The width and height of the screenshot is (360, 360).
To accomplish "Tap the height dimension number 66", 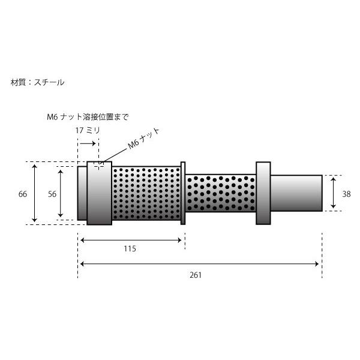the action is [x=23, y=194].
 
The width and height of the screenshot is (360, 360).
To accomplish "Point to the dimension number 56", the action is [x=52, y=194].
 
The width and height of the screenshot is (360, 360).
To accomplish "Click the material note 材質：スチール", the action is [x=37, y=82].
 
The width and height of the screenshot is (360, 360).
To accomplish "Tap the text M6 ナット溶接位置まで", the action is [x=88, y=116].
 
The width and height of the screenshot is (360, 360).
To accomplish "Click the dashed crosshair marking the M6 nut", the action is [x=99, y=163].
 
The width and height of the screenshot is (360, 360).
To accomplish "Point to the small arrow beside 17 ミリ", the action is [x=88, y=143].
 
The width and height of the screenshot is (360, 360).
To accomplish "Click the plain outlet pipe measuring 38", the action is [x=296, y=192].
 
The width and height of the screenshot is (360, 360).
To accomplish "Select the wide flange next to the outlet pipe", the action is [x=263, y=193].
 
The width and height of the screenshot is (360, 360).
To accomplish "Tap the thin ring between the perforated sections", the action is [x=184, y=193].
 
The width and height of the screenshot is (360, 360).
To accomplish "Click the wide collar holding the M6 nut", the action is [x=99, y=193].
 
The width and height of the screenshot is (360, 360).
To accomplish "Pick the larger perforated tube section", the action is [x=146, y=193].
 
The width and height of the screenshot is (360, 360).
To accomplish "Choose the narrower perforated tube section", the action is [x=221, y=193].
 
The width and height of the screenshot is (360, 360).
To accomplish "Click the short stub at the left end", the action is [x=82, y=193].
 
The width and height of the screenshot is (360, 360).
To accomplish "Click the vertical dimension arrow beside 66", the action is [x=35, y=193].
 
